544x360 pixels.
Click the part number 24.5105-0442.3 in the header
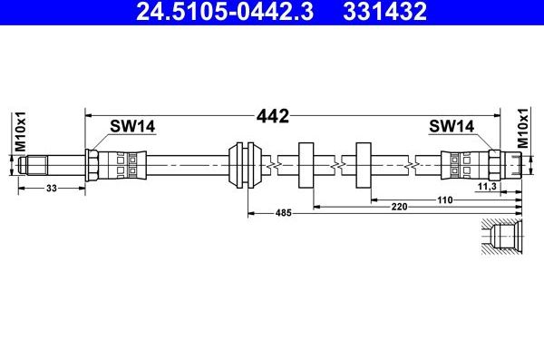pos(225,11)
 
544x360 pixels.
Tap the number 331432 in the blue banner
pos(384,11)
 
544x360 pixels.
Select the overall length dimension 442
pos(273,116)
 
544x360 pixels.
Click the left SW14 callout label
pos(132,126)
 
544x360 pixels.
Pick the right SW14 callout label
pos(452,126)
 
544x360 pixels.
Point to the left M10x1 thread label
pos(21,131)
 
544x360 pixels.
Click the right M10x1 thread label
pos(522,128)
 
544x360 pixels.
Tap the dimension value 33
pos(52,188)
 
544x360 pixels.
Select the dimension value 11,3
pos(487,187)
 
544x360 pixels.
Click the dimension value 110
pos(445,200)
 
